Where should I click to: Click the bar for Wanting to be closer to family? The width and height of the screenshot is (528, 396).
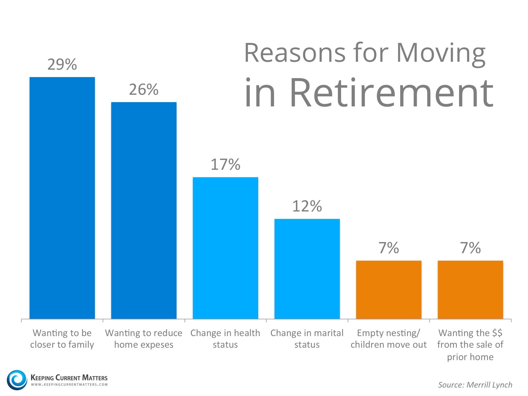(62, 198)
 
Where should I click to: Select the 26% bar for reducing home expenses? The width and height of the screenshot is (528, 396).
(144, 210)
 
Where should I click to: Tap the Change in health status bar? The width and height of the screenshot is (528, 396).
(225, 248)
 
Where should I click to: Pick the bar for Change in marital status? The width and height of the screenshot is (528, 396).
(307, 269)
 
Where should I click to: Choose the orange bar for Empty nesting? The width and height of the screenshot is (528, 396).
(389, 290)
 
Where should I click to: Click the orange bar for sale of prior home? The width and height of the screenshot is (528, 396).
(470, 290)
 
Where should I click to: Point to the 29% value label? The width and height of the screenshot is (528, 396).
(62, 64)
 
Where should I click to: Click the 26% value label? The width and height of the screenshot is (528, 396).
(144, 90)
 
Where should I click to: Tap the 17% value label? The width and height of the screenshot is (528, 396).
(225, 165)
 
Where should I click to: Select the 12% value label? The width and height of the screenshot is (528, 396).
(307, 206)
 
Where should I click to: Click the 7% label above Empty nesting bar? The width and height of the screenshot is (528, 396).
(389, 248)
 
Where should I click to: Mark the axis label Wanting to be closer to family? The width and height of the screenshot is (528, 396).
(62, 339)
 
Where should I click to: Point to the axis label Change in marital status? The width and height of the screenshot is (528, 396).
(307, 339)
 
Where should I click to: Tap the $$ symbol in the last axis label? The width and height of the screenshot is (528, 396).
(497, 333)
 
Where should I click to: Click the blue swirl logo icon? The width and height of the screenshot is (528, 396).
(17, 380)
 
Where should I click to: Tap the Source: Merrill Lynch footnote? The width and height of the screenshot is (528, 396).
(475, 385)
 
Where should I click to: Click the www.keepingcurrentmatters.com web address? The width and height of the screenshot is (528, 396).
(69, 385)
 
